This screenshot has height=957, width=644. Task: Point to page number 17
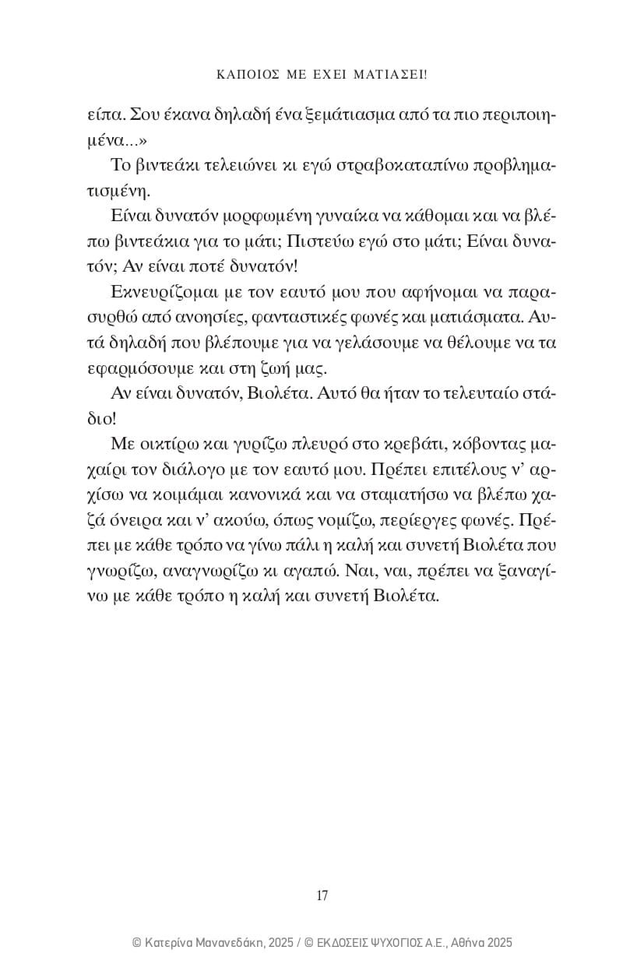pyautogui.click(x=322, y=895)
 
